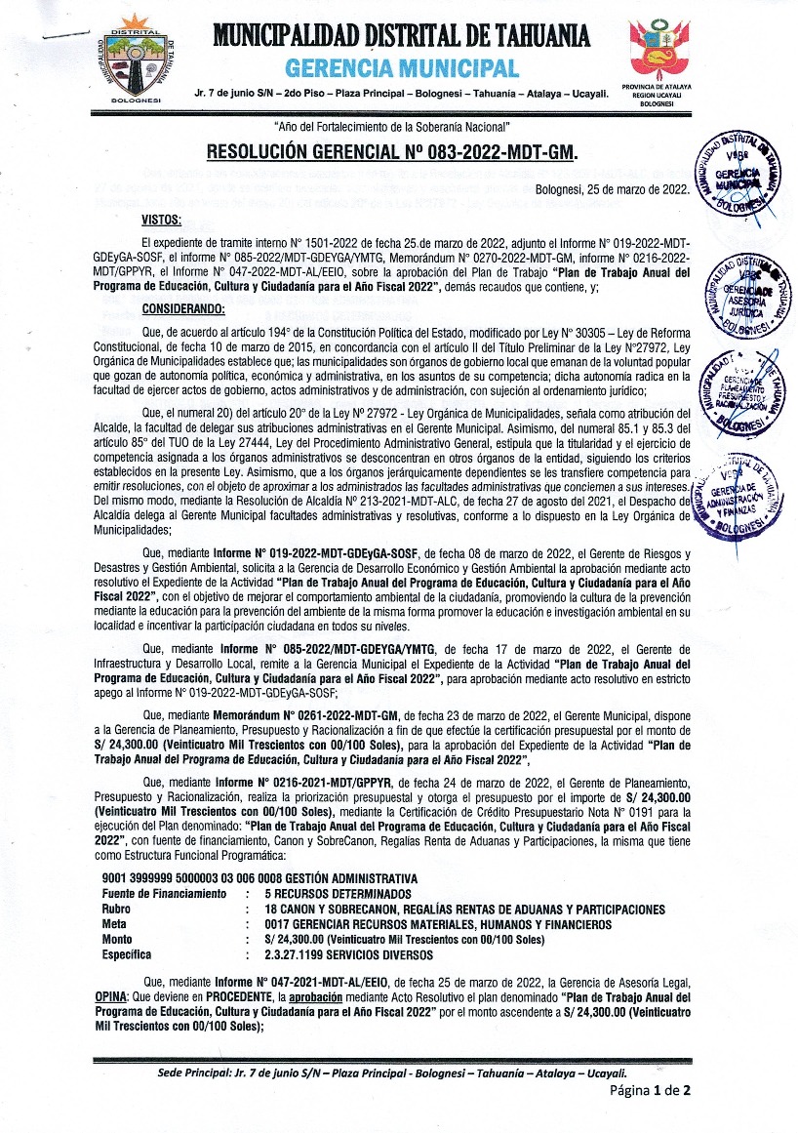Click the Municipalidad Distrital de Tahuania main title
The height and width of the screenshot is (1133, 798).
[x=400, y=37]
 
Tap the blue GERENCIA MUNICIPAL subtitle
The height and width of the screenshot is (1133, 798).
[x=401, y=68]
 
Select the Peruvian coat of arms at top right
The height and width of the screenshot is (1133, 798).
[x=663, y=51]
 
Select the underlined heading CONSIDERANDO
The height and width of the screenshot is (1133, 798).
[x=183, y=309]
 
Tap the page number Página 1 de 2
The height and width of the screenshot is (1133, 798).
[x=651, y=1091]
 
